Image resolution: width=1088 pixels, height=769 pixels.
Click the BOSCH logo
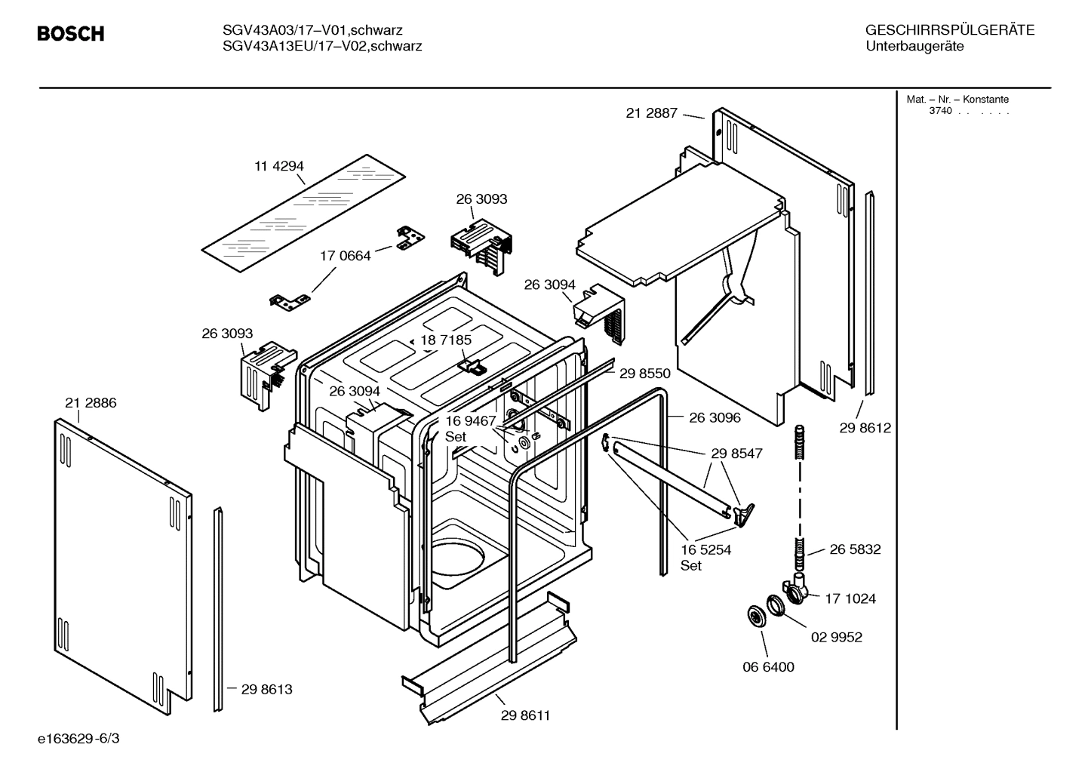[x=70, y=34]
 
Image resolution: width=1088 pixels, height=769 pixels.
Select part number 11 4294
[x=278, y=166]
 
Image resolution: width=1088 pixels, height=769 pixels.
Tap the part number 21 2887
[x=652, y=113]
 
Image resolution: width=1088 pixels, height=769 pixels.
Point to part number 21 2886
[x=91, y=403]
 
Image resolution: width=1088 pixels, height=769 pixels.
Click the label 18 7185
[x=446, y=340]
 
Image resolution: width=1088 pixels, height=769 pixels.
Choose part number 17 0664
[x=346, y=256]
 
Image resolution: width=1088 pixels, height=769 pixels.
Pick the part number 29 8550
[x=644, y=373]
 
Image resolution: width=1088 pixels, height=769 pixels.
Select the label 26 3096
[x=715, y=417]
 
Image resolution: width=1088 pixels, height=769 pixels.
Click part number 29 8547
[x=736, y=454]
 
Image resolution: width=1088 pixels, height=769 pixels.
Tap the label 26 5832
[x=855, y=549]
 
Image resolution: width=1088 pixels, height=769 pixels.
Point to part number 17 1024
[x=850, y=598]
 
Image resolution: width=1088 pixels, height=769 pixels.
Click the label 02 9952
[x=836, y=637]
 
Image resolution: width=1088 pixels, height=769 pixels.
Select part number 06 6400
[x=768, y=667]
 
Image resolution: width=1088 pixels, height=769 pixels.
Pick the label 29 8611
[x=525, y=715]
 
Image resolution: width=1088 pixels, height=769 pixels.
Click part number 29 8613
[x=266, y=689]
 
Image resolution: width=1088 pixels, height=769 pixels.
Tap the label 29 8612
[x=865, y=428]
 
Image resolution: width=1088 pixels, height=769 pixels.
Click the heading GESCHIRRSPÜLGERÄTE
[x=949, y=30]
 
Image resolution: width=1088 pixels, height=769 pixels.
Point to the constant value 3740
[x=940, y=111]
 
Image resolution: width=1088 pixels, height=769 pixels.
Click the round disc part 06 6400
[x=754, y=615]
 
